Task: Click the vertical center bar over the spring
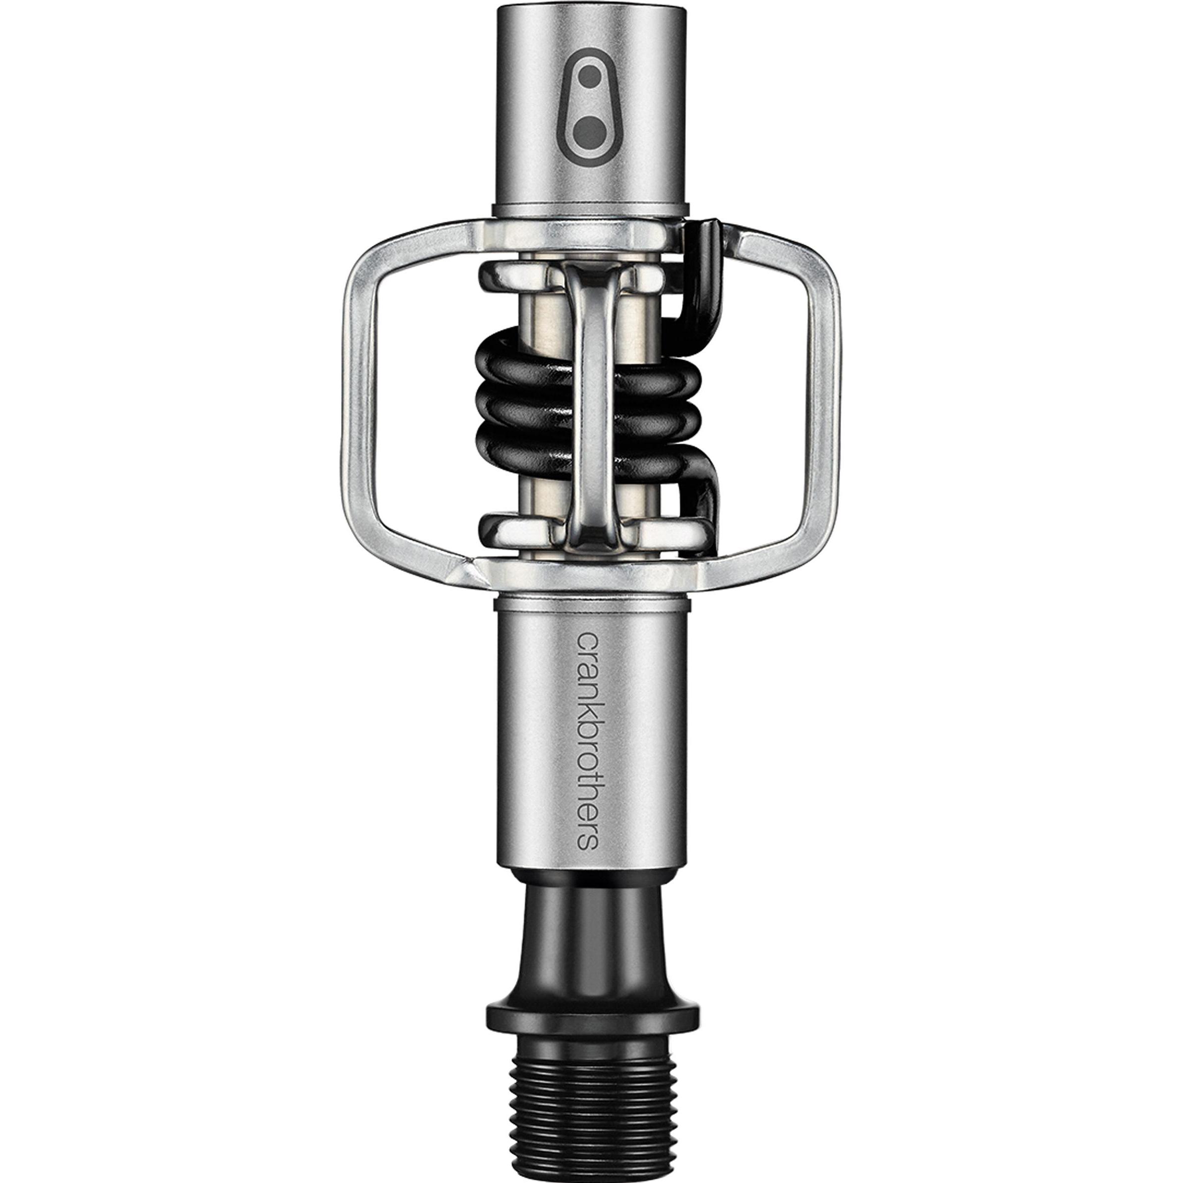(x=592, y=392)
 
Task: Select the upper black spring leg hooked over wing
(x=704, y=270)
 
